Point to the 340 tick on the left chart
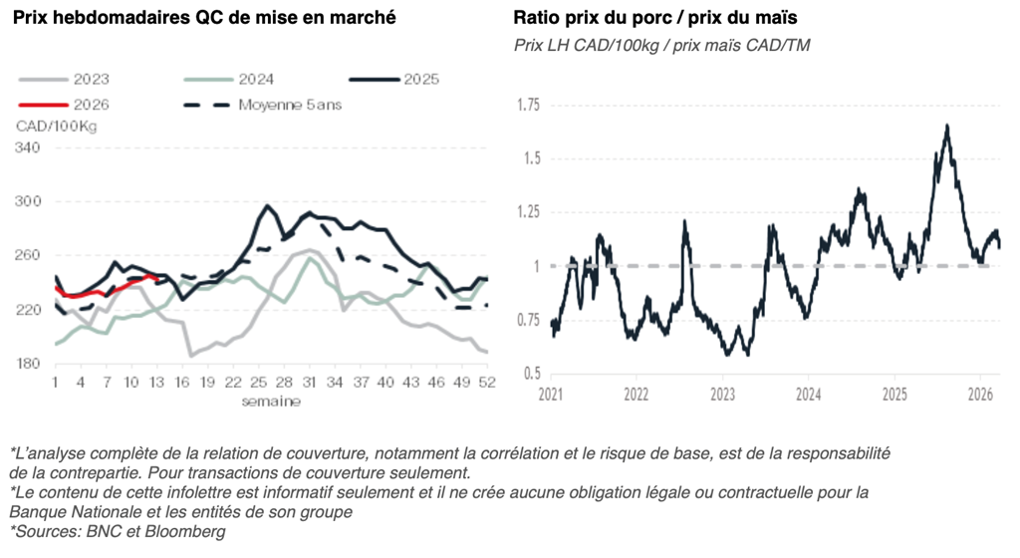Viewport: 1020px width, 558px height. pyautogui.click(x=29, y=148)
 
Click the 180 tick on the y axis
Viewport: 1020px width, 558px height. pyautogui.click(x=29, y=364)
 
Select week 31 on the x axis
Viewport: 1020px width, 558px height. pyautogui.click(x=310, y=383)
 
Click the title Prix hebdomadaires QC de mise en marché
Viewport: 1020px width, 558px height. pyautogui.click(x=204, y=18)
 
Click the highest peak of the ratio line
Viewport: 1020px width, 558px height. pyautogui.click(x=946, y=126)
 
